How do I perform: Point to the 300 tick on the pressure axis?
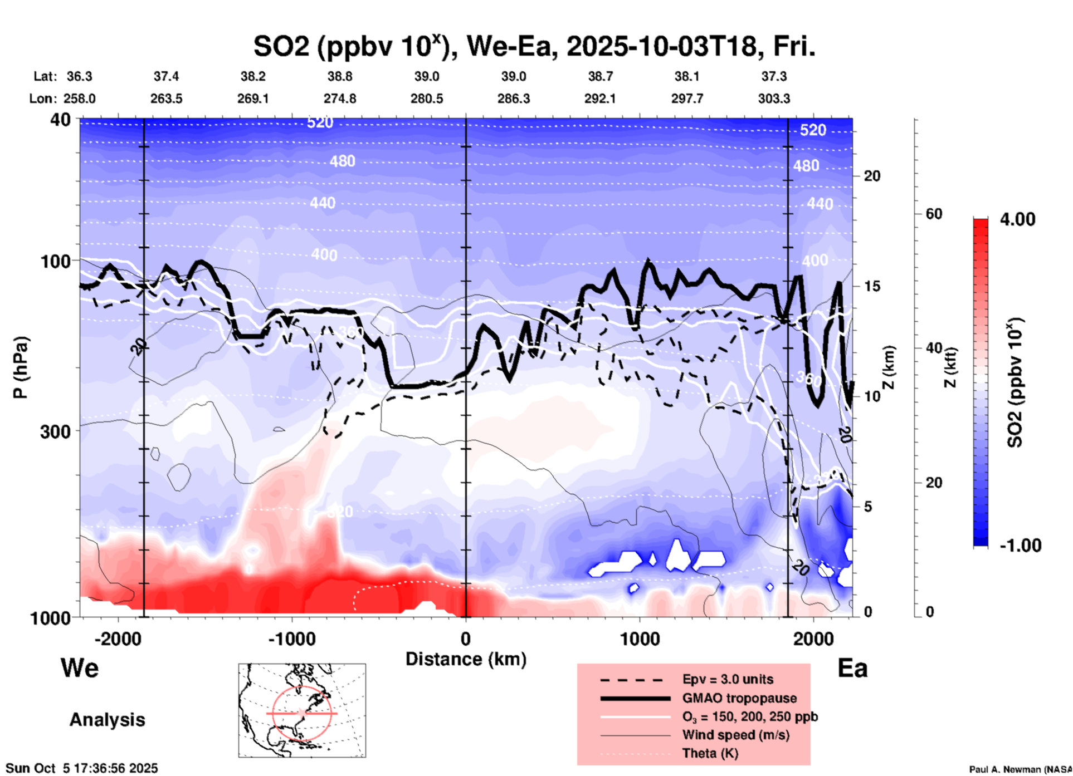pyautogui.click(x=56, y=431)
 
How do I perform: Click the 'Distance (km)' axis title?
pyautogui.click(x=466, y=659)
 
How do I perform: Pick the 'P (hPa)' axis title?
pyautogui.click(x=21, y=367)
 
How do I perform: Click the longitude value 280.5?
pyautogui.click(x=427, y=99)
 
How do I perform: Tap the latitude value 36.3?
pyautogui.click(x=79, y=76)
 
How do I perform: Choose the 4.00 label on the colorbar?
pyautogui.click(x=1017, y=219)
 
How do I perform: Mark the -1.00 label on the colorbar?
pyautogui.click(x=1020, y=546)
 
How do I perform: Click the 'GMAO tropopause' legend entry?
pyautogui.click(x=739, y=698)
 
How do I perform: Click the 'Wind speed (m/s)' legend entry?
pyautogui.click(x=735, y=735)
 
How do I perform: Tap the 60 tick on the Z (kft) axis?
pyautogui.click(x=934, y=214)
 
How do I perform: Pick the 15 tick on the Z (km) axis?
pyautogui.click(x=872, y=286)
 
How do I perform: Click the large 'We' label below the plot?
pyautogui.click(x=80, y=667)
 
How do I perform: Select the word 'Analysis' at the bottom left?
pyautogui.click(x=107, y=720)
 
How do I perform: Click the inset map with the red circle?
pyautogui.click(x=302, y=710)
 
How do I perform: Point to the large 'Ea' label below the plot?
pyautogui.click(x=852, y=668)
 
